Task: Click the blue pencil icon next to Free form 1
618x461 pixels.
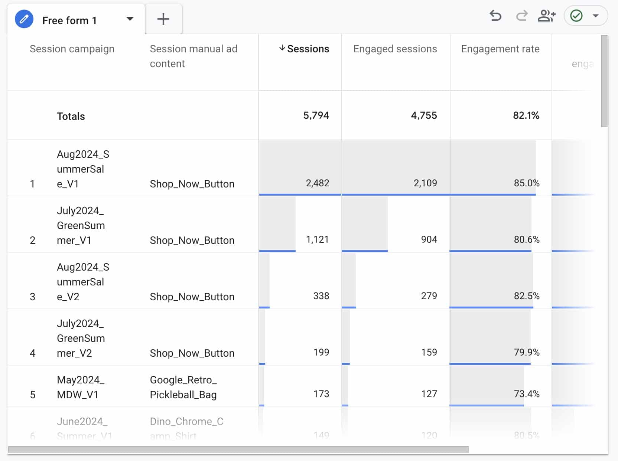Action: click(24, 19)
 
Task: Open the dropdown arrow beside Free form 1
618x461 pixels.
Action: click(130, 19)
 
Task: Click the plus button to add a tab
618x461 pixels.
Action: click(163, 19)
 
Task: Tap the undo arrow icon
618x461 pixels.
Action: click(495, 16)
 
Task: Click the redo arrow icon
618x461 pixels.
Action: click(522, 16)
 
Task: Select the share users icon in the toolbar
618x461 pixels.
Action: click(546, 16)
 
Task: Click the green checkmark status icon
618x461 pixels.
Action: click(576, 16)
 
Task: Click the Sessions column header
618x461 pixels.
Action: click(308, 49)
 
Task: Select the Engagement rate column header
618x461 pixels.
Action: click(500, 49)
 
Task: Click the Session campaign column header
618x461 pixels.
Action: click(72, 49)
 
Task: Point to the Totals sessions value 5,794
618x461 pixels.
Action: click(316, 115)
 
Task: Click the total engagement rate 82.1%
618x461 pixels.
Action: click(526, 115)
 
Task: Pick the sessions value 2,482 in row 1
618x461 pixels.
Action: click(317, 183)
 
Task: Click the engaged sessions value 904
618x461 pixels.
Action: click(429, 239)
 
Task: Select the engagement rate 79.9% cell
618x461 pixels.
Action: click(526, 352)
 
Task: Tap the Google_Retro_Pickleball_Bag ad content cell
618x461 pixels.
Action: click(183, 387)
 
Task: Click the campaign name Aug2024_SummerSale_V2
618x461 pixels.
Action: click(82, 282)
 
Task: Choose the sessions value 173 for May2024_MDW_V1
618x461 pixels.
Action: click(321, 394)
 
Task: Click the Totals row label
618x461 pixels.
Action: click(71, 117)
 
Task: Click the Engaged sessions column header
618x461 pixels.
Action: click(395, 49)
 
